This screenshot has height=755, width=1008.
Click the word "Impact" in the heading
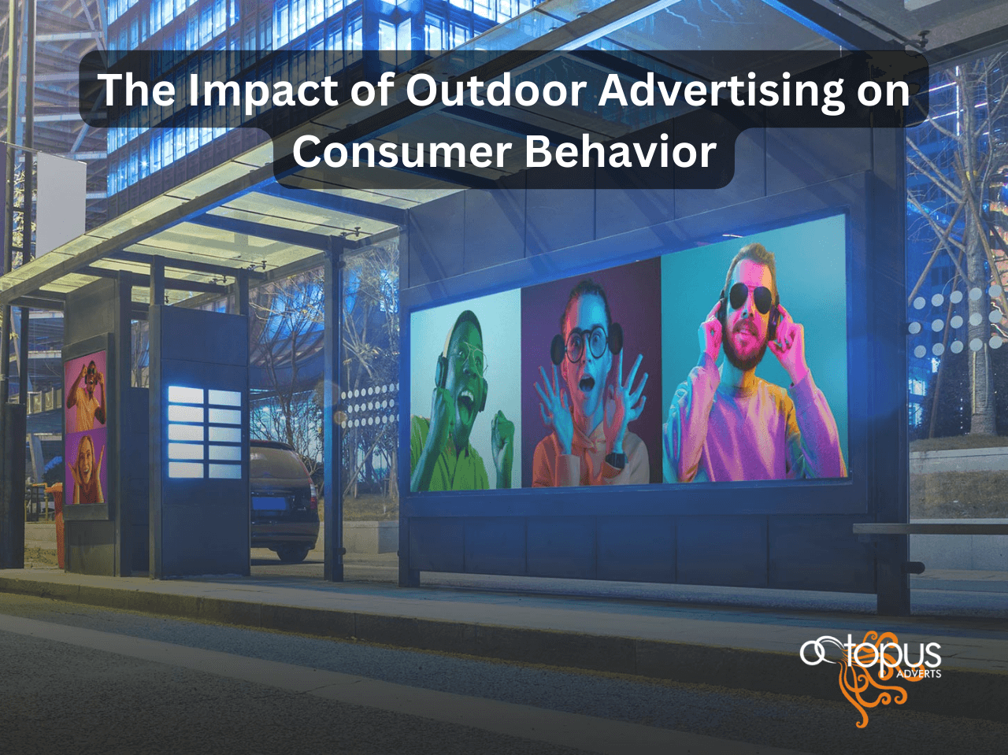(261, 91)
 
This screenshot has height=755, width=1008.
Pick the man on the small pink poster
(87, 394)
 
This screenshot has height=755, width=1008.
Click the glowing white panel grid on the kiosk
(204, 431)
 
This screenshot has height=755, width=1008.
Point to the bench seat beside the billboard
(930, 529)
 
